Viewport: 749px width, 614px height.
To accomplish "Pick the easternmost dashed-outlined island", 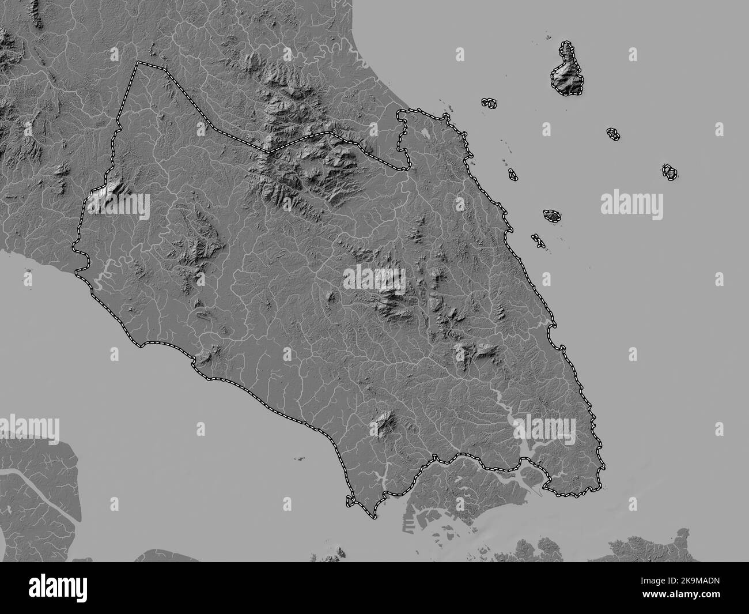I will pyautogui.click(x=669, y=172).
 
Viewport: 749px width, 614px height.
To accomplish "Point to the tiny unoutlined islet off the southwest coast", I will pyautogui.click(x=300, y=459).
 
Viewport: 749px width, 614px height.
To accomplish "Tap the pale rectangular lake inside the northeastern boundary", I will pyautogui.click(x=425, y=134).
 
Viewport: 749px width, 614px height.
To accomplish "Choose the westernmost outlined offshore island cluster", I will pyautogui.click(x=489, y=103).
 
